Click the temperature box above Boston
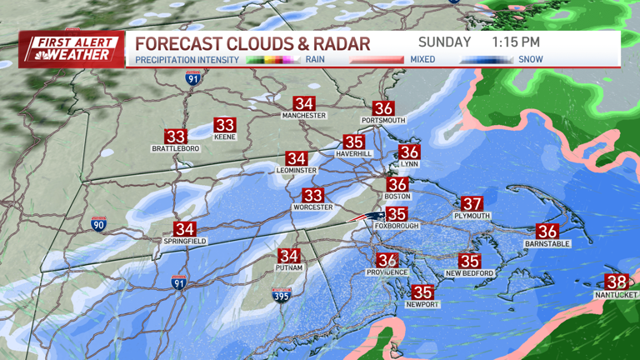point(397,184)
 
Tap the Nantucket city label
point(616,295)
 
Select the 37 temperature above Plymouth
point(472,203)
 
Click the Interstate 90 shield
point(99,224)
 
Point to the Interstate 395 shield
point(282,295)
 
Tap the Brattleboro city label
point(175,148)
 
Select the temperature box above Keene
point(225,125)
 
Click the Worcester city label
point(312,207)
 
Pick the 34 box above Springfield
point(184,228)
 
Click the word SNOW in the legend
point(531,59)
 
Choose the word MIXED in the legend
point(422,59)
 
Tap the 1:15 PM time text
point(516,42)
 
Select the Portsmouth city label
point(383,121)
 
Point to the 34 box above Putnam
point(289,256)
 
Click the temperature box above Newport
point(423,292)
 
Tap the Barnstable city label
point(547,243)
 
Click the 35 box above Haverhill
point(354,142)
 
